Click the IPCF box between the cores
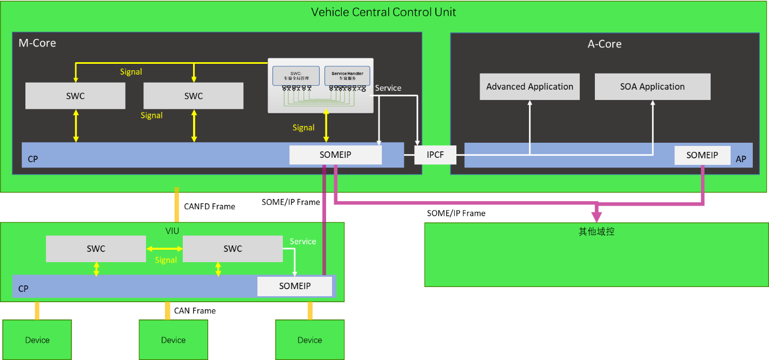click(x=435, y=155)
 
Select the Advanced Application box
click(x=529, y=86)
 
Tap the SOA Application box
click(x=652, y=86)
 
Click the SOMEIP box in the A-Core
click(x=702, y=155)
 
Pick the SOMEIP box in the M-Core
click(x=335, y=155)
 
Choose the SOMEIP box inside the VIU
click(x=295, y=286)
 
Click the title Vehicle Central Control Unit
click(x=383, y=12)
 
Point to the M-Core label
click(x=37, y=43)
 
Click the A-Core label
click(x=605, y=44)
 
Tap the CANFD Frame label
click(x=209, y=206)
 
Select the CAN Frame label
click(x=195, y=311)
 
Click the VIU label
click(x=172, y=231)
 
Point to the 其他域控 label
click(x=596, y=232)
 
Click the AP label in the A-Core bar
click(x=740, y=159)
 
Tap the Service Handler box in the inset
click(x=347, y=76)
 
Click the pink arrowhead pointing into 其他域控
click(x=596, y=217)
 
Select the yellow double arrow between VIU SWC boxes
click(x=164, y=249)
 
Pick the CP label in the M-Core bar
click(x=33, y=159)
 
